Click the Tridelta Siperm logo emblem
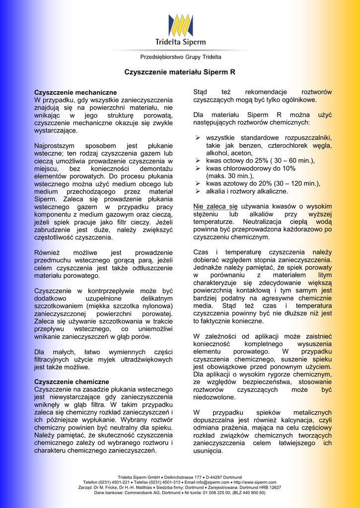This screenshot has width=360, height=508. click(x=180, y=25)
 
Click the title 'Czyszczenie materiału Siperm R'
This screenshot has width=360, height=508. click(x=180, y=72)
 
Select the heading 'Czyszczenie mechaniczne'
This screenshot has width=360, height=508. click(x=75, y=92)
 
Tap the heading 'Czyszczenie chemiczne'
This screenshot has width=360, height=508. click(x=72, y=381)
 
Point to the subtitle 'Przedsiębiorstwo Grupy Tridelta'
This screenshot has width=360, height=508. click(x=180, y=57)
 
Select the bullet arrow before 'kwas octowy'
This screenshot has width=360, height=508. click(x=197, y=161)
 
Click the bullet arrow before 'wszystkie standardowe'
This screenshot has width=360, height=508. click(x=197, y=137)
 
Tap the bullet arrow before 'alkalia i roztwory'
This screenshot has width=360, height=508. click(x=197, y=191)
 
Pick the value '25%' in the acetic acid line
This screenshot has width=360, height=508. click(x=262, y=161)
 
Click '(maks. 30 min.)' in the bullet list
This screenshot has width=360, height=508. click(x=230, y=176)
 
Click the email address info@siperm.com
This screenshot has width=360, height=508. click(x=213, y=482)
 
